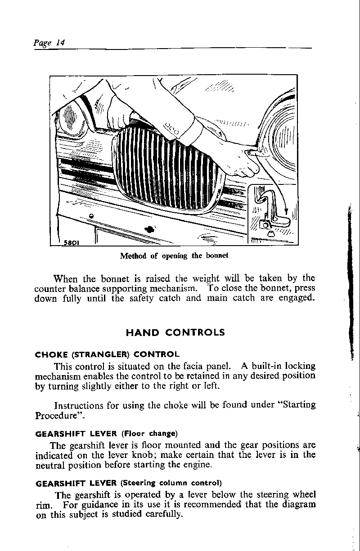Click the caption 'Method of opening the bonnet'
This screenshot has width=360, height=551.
[174, 255]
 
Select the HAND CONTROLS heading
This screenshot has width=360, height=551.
[175, 333]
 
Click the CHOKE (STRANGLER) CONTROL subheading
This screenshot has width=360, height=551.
[107, 354]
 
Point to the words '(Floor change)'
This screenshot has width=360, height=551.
[149, 434]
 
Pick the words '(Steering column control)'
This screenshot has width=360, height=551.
[171, 484]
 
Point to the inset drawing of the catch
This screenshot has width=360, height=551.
[273, 213]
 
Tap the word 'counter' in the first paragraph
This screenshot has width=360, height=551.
[49, 288]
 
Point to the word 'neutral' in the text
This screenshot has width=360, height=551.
[49, 465]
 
